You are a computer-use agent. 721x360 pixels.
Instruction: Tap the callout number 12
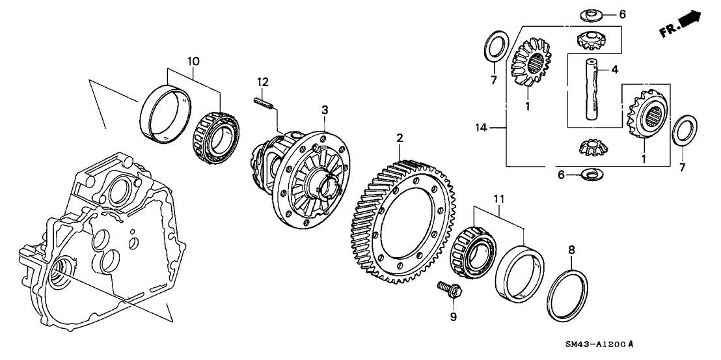coord(262,82)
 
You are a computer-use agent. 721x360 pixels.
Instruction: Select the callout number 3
coord(325,111)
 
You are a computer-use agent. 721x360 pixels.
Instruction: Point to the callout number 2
coord(400,138)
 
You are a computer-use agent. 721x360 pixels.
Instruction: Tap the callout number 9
coord(454,317)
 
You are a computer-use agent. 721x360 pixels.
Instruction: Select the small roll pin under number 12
coord(262,103)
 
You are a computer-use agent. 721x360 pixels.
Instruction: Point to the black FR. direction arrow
coord(688,21)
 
